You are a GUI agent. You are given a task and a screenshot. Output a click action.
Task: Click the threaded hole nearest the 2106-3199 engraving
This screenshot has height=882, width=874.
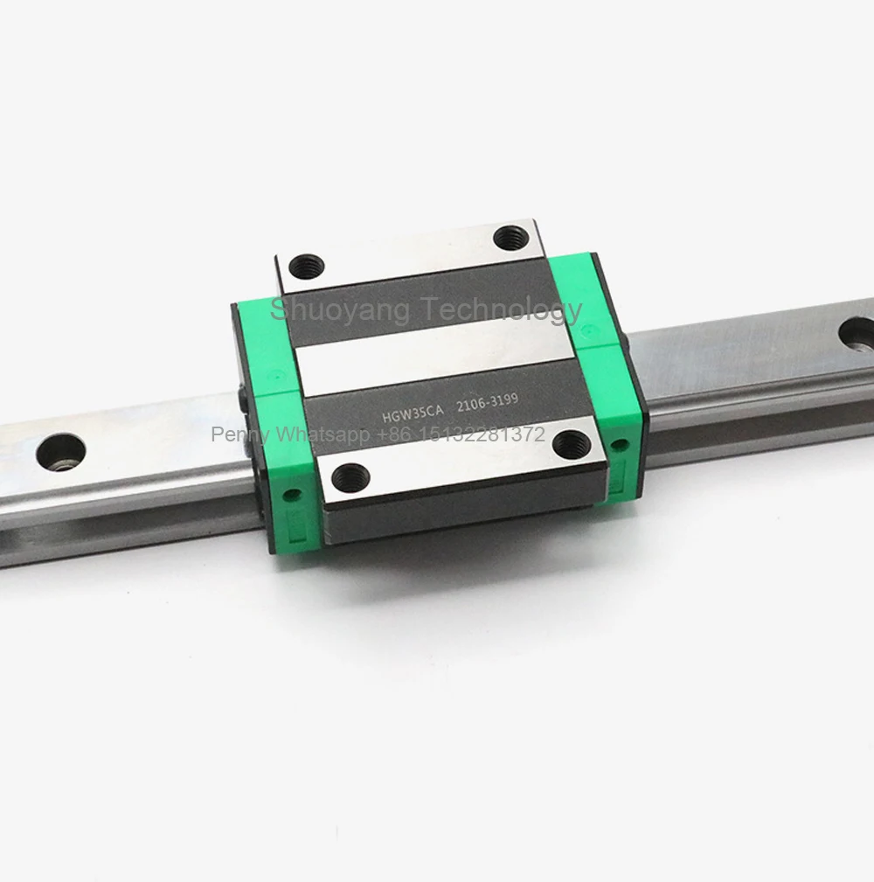pos(572,444)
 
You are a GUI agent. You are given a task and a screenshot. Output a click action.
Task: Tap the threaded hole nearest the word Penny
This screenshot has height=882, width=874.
pos(350,476)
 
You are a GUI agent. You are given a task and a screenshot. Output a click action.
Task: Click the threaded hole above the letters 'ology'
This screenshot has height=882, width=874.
pos(510,237)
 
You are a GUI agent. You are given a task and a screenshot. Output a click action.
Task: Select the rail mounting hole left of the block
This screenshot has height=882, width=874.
pos(61,452)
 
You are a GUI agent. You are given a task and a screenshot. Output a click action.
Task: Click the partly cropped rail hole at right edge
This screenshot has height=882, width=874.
pos(858,331)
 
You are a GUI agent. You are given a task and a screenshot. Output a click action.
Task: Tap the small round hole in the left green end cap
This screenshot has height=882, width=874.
pos(292,495)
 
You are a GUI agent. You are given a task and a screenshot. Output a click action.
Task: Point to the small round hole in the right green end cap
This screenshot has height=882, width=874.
pos(620,444)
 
